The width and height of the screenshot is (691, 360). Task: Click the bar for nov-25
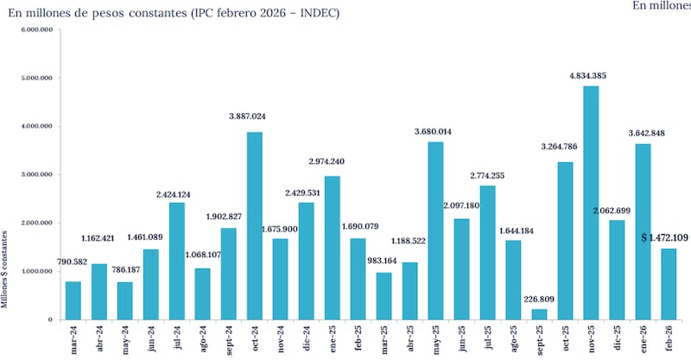tap(591, 203)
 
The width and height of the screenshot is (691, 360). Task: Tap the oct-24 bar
tap(254, 226)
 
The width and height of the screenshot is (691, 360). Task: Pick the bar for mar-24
tap(73, 300)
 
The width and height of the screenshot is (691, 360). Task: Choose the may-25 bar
tap(435, 231)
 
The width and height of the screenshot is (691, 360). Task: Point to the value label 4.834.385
tap(587, 76)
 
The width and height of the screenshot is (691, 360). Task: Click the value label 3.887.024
tap(253, 116)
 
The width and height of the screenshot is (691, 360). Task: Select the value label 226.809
tap(538, 299)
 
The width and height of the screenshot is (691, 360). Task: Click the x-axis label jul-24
tap(177, 337)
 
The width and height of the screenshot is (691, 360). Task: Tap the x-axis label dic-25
tap(617, 337)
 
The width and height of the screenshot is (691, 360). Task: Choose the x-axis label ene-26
tap(643, 337)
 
